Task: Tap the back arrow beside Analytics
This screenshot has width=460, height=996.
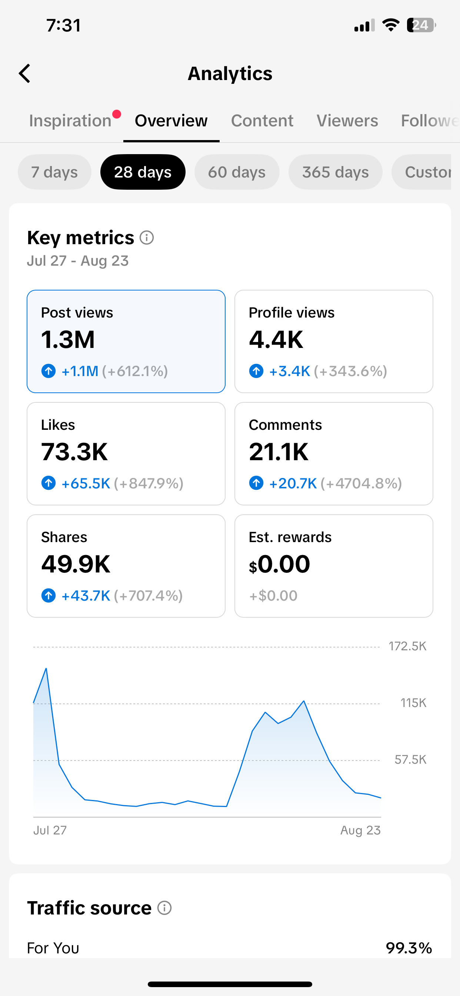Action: [x=24, y=73]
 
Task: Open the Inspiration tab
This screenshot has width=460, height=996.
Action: [x=70, y=121]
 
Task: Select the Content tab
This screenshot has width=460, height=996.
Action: [x=262, y=121]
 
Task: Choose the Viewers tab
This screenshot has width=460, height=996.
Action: [x=347, y=121]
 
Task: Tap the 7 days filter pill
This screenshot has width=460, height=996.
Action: [x=54, y=172]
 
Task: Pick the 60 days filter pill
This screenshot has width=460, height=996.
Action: [x=237, y=172]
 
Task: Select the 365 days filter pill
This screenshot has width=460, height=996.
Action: [x=335, y=172]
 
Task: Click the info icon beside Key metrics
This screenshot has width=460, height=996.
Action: [x=147, y=238]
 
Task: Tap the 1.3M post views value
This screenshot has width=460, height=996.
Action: [x=68, y=339]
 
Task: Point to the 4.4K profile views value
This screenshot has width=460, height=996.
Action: [x=276, y=339]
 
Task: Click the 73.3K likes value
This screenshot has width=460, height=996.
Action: [x=74, y=452]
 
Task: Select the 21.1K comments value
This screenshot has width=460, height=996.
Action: [x=279, y=452]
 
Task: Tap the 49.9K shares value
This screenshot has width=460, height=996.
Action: [x=76, y=564]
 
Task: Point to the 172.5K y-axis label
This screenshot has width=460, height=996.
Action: [x=407, y=646]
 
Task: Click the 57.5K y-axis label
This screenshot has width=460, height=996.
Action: [x=410, y=759]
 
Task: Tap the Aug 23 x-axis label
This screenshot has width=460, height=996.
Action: [x=360, y=830]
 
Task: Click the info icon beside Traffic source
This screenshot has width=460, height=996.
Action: [x=164, y=907]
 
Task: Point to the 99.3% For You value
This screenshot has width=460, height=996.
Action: [x=409, y=948]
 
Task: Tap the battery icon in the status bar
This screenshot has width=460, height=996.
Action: [x=421, y=25]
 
